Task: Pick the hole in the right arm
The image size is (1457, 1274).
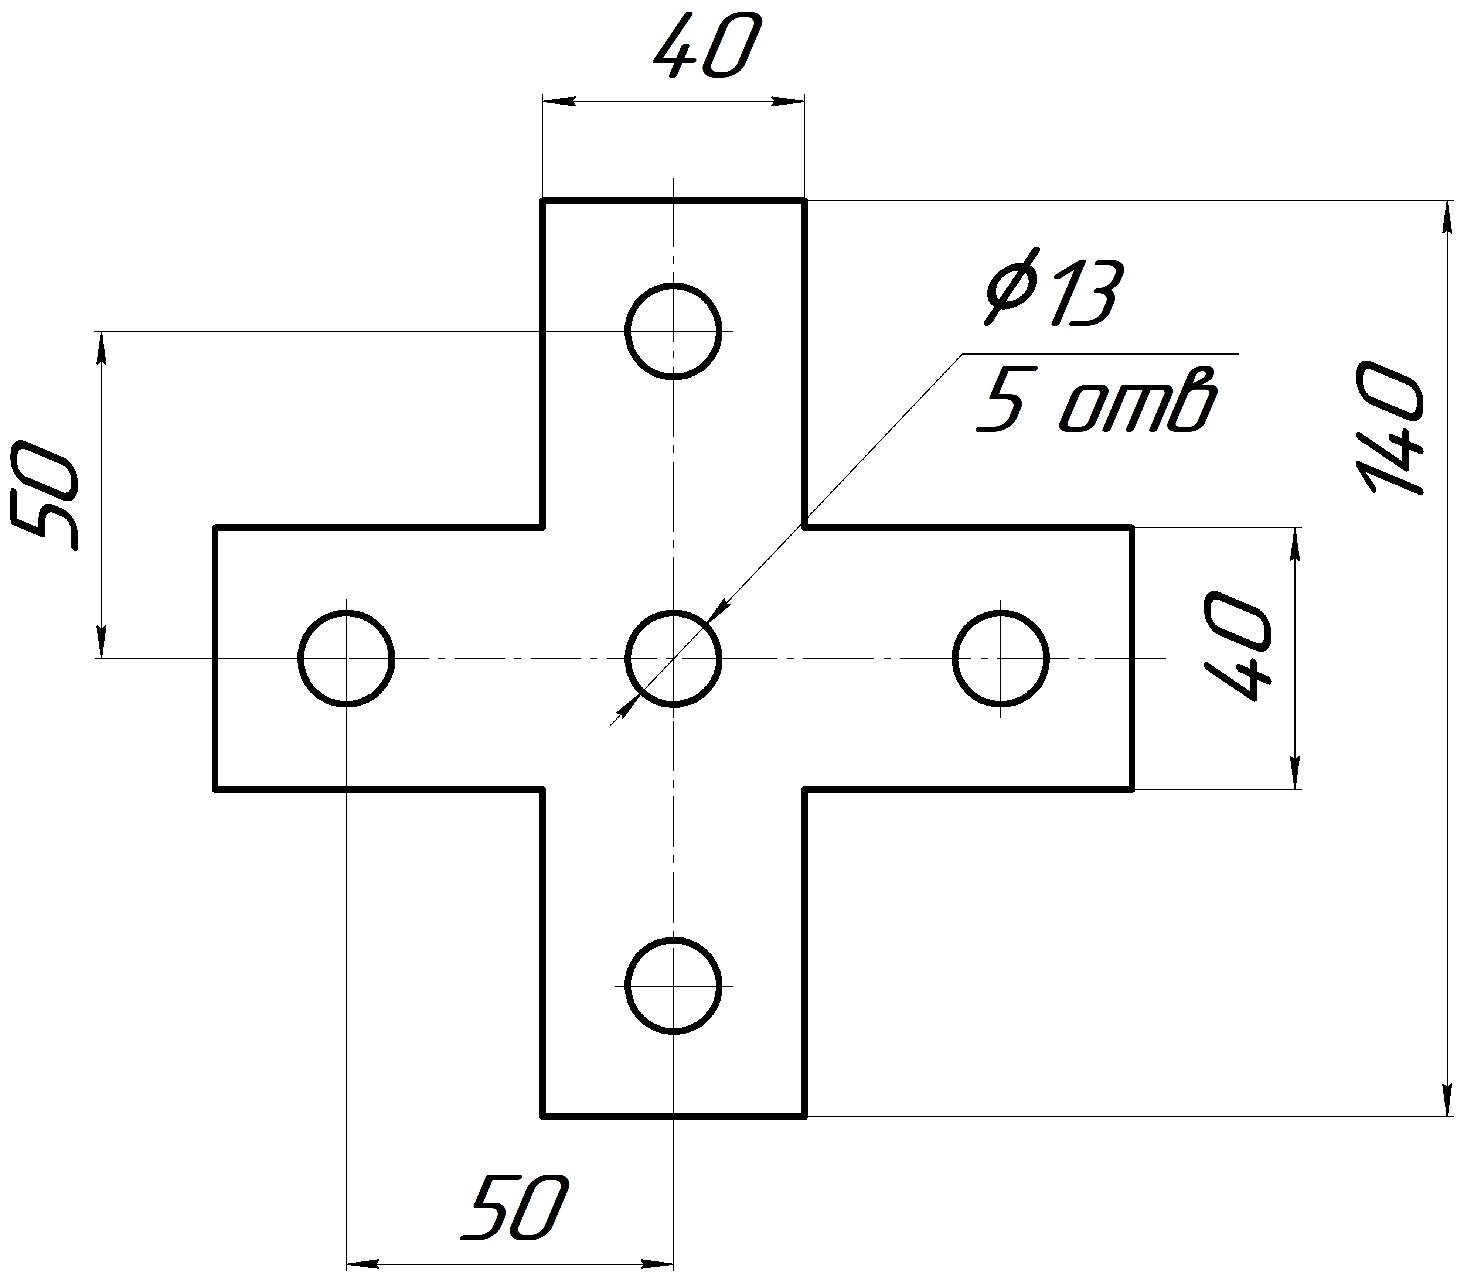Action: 1001,612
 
